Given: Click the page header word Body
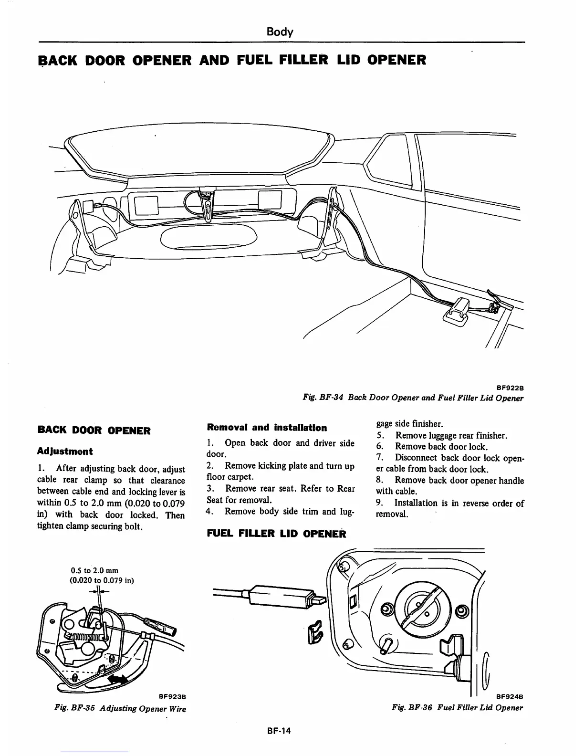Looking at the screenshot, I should point(280,32).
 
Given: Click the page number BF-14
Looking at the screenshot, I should point(279,731).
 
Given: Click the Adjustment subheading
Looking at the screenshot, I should point(65,451).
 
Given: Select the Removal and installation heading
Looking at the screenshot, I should point(267,428).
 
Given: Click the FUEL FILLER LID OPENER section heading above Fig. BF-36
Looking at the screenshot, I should point(276,534).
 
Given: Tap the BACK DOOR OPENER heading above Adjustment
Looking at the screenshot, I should point(94,430).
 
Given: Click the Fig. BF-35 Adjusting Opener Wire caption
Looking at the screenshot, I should point(120,709).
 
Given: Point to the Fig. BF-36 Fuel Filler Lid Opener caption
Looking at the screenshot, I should point(457,707).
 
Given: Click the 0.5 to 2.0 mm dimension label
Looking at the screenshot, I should point(94,570).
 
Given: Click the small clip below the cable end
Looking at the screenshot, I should point(315,631).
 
